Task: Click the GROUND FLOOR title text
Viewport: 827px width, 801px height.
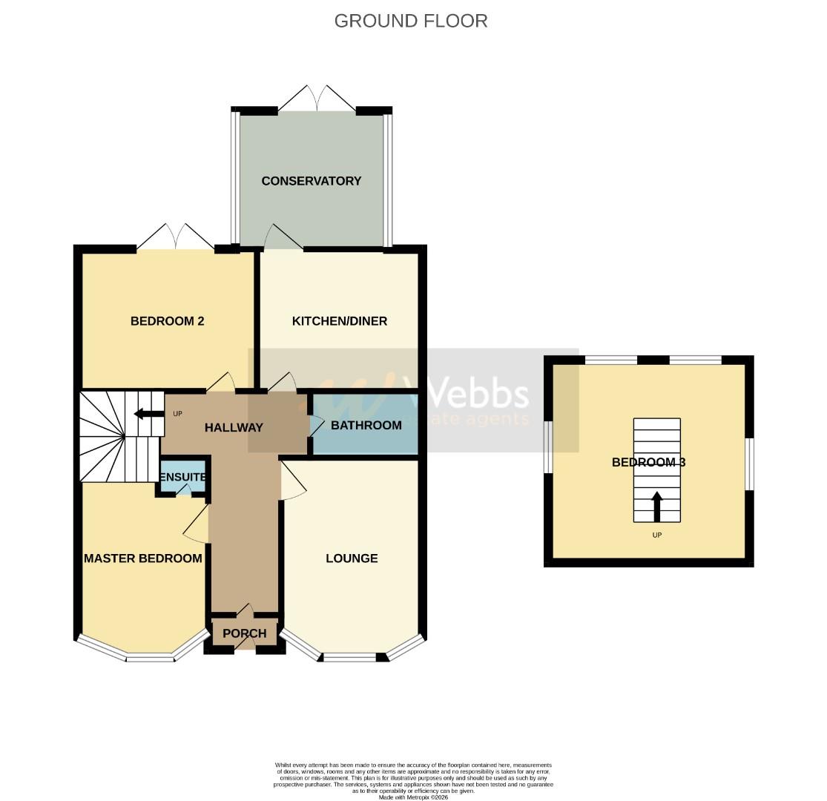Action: [411, 21]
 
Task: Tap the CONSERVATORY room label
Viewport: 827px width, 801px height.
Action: [312, 181]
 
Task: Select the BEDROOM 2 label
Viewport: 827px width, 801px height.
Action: [167, 321]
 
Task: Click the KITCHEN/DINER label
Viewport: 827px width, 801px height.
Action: [340, 321]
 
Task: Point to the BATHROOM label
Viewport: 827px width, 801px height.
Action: [366, 425]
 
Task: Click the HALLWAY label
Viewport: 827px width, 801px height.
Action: [234, 427]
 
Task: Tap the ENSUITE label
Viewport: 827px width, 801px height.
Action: [182, 477]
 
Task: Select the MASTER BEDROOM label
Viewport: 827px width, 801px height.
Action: [143, 558]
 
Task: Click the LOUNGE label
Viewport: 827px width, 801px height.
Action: [352, 558]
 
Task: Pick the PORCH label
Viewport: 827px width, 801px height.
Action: [244, 633]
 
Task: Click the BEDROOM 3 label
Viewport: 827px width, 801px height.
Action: [648, 462]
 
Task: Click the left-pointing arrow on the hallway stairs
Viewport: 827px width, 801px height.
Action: [148, 414]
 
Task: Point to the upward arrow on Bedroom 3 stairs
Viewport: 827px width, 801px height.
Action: [656, 506]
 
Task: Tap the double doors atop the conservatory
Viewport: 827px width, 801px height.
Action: [317, 98]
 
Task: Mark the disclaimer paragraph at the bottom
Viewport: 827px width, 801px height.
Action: [413, 780]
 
